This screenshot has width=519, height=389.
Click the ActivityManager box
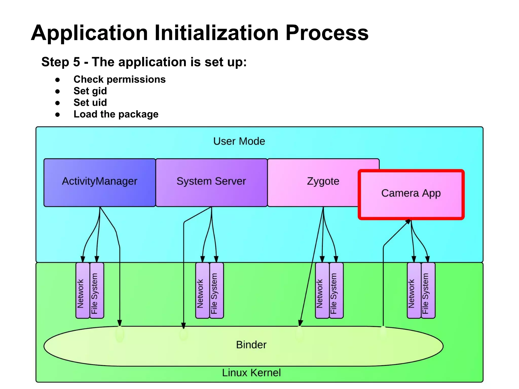(x=99, y=182)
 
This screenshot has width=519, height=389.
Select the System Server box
(x=211, y=182)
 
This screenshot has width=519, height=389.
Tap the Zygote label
(x=323, y=181)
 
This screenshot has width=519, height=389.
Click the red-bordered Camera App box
(x=411, y=194)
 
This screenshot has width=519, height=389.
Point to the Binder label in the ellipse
(x=251, y=345)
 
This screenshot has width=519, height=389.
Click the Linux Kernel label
(x=251, y=373)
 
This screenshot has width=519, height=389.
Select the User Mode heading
(x=239, y=141)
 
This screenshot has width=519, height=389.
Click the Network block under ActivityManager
(x=83, y=290)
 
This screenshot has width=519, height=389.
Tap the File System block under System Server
(x=217, y=290)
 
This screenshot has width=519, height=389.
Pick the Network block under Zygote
(x=322, y=290)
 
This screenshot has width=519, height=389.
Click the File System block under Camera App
(x=428, y=290)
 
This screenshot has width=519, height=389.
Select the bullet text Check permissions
(x=119, y=80)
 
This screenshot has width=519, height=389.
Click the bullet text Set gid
(x=90, y=91)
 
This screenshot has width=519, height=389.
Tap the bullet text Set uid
(x=90, y=103)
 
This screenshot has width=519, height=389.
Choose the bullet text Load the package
(x=116, y=114)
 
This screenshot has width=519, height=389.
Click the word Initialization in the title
(x=216, y=33)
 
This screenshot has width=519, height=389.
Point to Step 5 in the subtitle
(x=61, y=62)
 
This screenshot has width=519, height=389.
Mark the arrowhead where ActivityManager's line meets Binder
(x=120, y=323)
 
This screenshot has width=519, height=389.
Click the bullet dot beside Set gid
(x=58, y=91)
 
